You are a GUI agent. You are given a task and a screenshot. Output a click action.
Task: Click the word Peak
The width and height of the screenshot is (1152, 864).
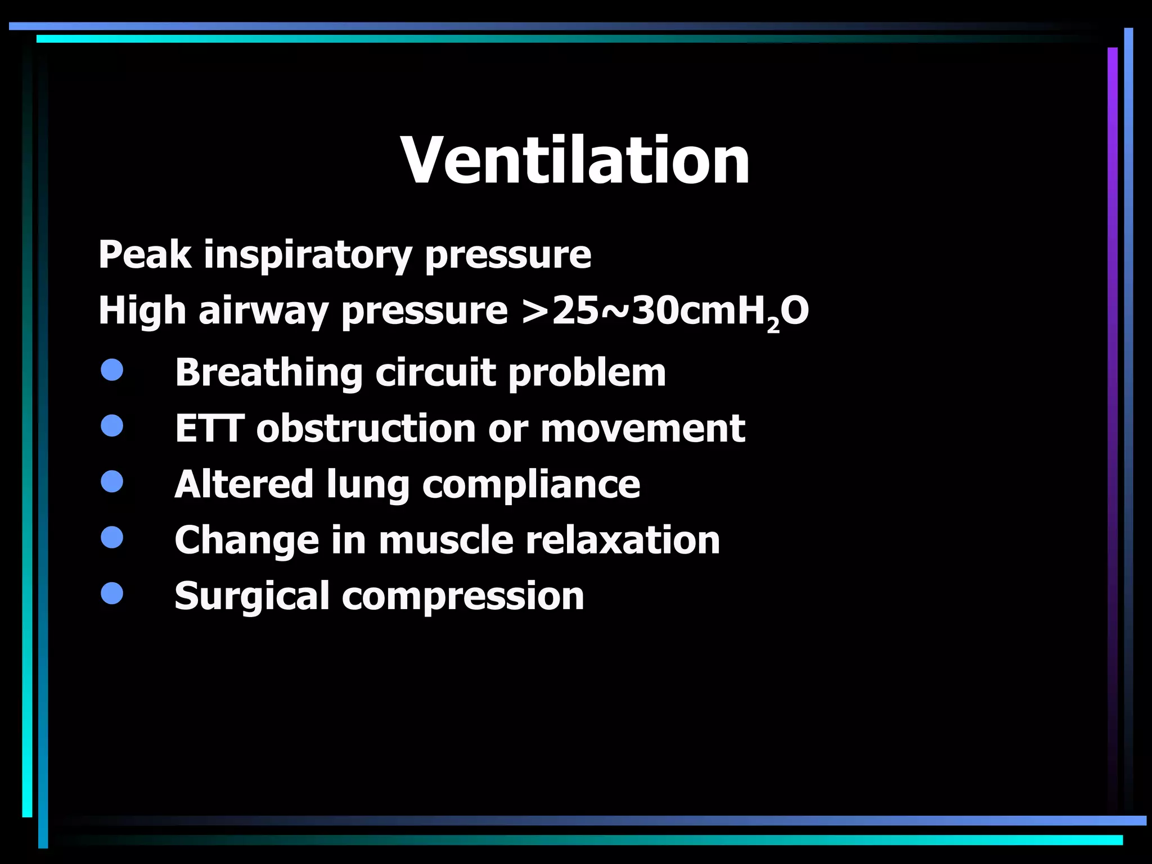click(x=145, y=255)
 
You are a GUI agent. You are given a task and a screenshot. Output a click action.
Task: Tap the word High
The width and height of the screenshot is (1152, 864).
click(x=142, y=311)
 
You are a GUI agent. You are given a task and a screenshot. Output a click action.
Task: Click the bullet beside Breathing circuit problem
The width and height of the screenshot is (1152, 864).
click(x=112, y=370)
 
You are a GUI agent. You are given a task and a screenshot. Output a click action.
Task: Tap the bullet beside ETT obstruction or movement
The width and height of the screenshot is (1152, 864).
click(x=112, y=426)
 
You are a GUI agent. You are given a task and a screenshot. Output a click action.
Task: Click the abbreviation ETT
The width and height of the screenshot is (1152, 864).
click(x=209, y=429)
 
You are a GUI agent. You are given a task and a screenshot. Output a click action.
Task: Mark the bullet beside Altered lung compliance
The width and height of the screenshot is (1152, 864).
click(x=112, y=481)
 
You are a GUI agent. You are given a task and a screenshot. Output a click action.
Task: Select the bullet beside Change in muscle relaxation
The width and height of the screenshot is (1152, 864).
click(x=112, y=537)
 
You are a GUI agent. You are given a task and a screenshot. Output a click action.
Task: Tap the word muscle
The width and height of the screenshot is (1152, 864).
click(x=446, y=540)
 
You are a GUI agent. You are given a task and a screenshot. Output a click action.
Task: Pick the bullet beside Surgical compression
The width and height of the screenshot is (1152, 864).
click(x=112, y=593)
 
